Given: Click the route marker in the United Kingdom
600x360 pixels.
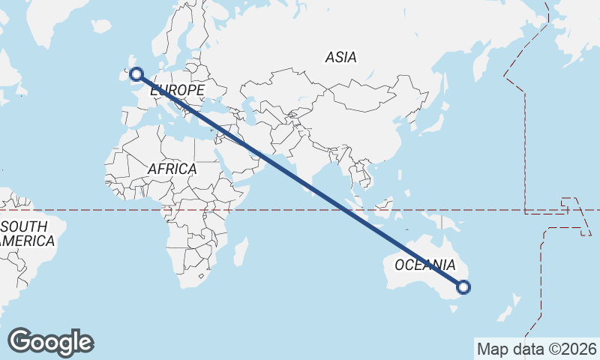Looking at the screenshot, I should tap(136, 73).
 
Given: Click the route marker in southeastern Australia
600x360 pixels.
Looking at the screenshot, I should tap(463, 286).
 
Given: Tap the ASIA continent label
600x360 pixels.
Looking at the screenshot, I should tap(340, 57).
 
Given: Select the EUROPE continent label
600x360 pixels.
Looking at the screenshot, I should tap(178, 91).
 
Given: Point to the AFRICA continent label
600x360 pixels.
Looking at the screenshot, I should tap(172, 169).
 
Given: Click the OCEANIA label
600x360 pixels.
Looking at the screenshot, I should tap(424, 265).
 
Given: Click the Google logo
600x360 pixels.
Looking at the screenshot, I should tap(50, 342).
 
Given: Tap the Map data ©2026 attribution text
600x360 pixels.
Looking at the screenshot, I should tap(537, 349).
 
